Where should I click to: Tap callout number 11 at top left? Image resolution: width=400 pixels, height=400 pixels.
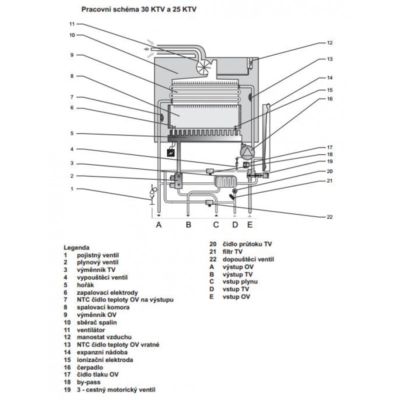(x=71, y=24)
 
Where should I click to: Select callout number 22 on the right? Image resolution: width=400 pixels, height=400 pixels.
(x=329, y=216)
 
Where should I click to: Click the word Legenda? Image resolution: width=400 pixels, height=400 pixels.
(x=76, y=247)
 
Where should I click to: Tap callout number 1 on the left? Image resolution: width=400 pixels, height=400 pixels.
(x=71, y=188)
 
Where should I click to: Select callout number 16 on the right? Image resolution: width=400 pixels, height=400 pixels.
(x=329, y=99)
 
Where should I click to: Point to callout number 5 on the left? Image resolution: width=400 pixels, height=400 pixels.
(x=71, y=133)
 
